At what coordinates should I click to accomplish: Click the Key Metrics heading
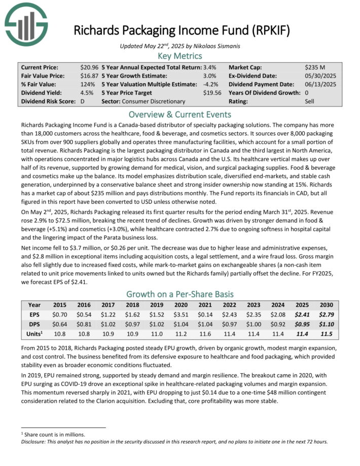(180, 56)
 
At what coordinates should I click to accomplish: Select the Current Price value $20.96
(89, 67)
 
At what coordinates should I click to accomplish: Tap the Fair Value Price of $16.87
(89, 76)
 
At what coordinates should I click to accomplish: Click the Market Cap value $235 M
(315, 67)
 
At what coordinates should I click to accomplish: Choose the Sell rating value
(310, 101)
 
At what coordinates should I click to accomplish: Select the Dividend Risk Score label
(48, 101)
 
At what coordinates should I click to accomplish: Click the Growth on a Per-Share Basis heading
(180, 294)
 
